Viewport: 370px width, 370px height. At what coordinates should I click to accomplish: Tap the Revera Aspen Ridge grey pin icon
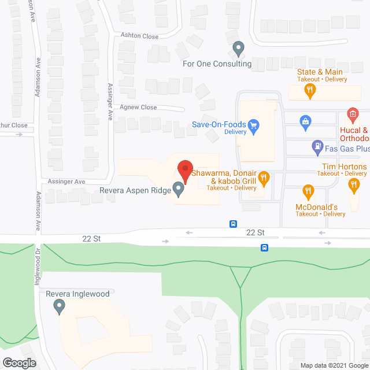pos(179,189)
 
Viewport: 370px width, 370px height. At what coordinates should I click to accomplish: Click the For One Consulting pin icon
pos(238,49)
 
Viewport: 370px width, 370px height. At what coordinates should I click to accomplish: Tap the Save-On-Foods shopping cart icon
pos(253,123)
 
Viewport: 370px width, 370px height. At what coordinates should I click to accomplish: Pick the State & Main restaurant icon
pos(310,90)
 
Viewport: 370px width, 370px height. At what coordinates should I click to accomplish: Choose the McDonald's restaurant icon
pos(308,190)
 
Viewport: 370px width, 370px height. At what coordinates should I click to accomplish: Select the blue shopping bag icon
pos(304,120)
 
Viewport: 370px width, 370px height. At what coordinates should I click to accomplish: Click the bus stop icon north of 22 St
pos(233,223)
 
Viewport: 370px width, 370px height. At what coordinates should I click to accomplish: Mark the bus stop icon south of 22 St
pos(264,247)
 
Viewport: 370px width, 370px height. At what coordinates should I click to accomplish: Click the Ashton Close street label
pos(139,36)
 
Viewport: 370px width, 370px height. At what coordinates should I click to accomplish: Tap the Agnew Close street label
pos(138,107)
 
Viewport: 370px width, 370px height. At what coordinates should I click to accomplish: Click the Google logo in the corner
pos(19,362)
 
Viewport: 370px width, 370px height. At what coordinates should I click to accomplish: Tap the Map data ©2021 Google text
pos(334,365)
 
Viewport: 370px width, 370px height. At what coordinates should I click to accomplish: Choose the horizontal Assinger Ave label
pos(66,182)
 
